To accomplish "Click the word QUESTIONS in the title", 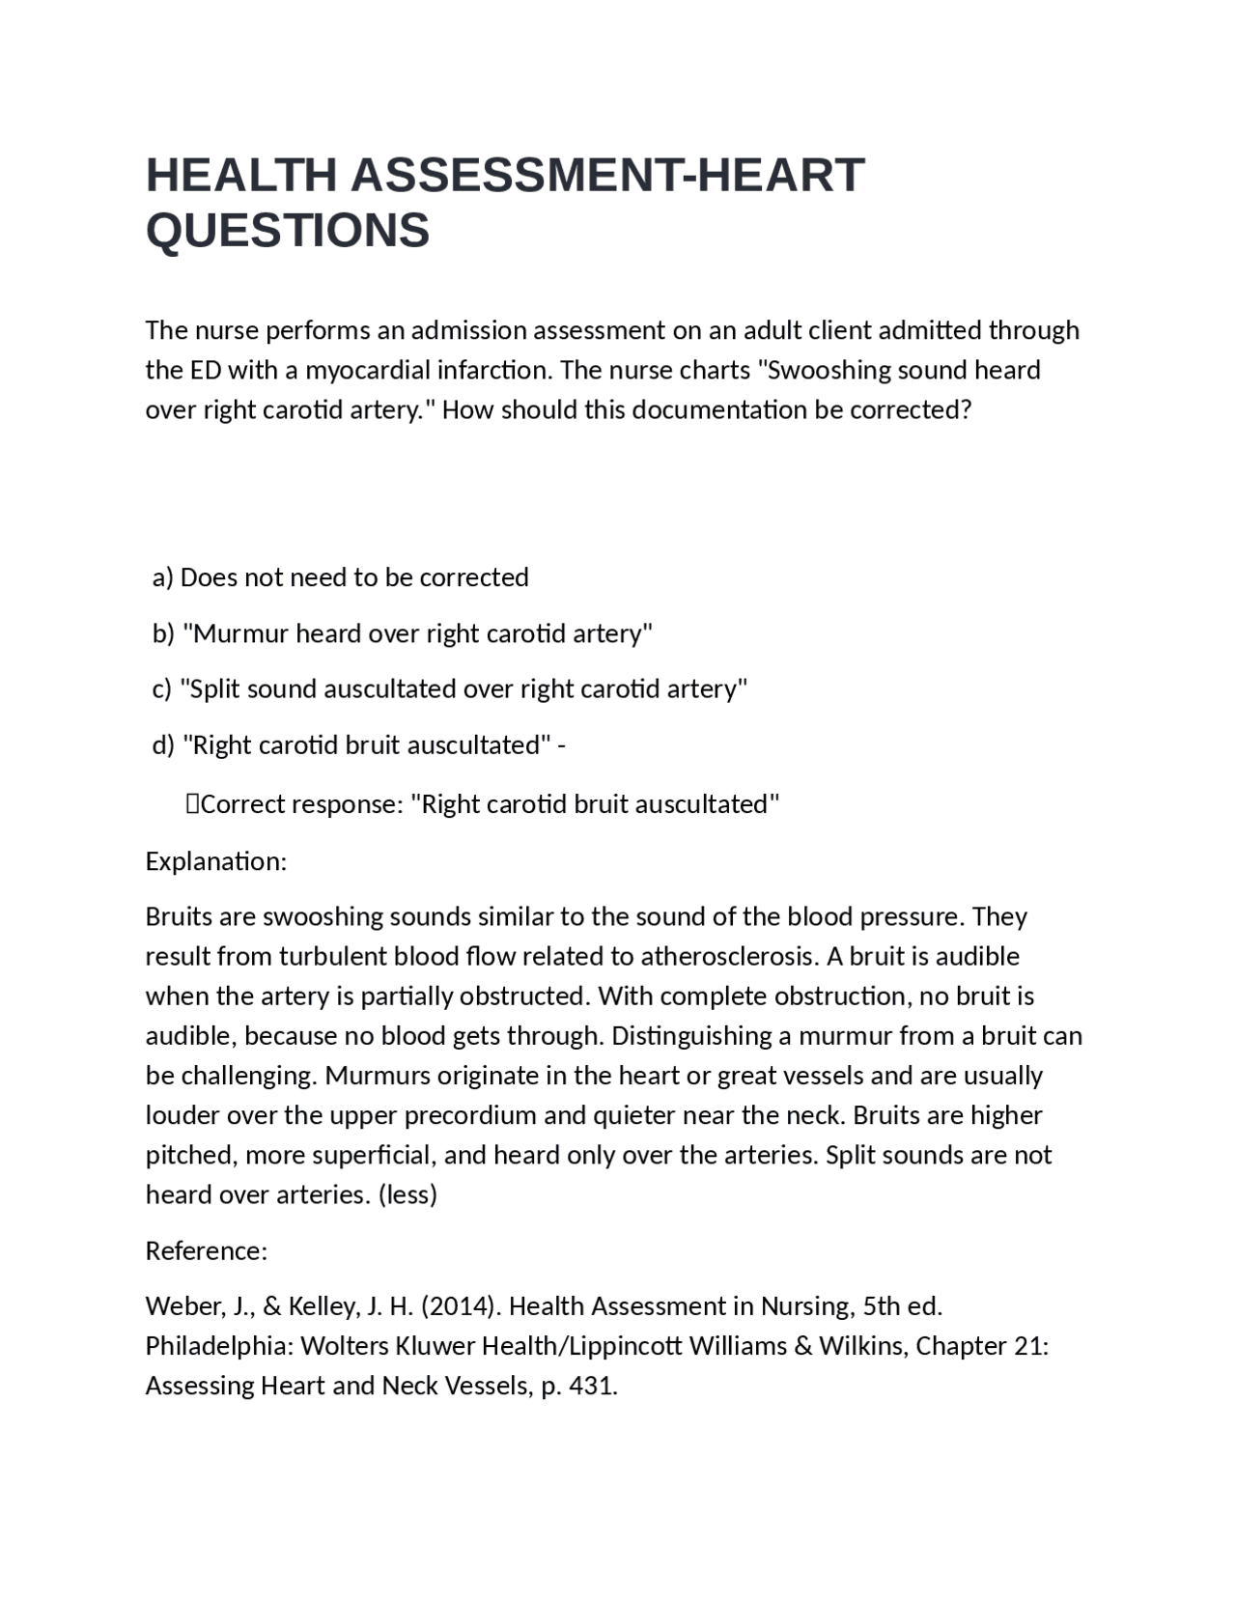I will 288,231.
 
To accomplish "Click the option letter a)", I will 163,577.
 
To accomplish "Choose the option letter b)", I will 163,633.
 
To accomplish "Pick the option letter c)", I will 162,689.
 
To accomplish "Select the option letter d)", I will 163,745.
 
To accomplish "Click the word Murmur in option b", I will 240,633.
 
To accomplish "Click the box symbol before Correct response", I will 192,804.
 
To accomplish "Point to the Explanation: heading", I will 216,861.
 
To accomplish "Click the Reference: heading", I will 207,1251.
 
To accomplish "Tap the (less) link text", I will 407,1195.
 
